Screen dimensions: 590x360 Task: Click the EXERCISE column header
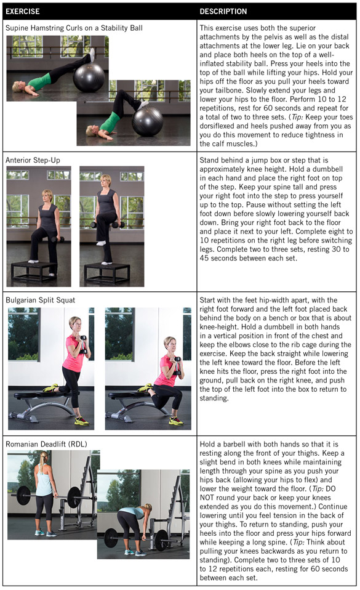(x=23, y=11)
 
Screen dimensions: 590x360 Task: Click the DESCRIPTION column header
(x=223, y=11)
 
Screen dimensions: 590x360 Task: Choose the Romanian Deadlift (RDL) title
(x=46, y=443)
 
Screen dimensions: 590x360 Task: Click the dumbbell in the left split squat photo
(x=82, y=344)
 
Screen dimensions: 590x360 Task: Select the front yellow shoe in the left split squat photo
(x=81, y=421)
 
